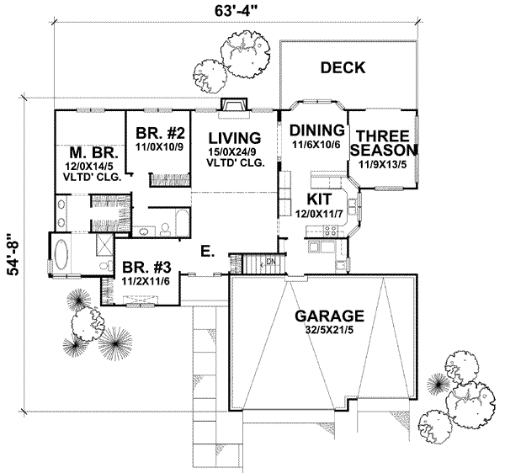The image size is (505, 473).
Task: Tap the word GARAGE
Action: [x=329, y=316]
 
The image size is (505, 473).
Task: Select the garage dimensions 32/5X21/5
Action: [x=329, y=332]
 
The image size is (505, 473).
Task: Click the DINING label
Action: [x=316, y=130]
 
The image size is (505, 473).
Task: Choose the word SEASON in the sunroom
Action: [x=384, y=150]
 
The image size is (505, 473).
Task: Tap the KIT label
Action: [x=318, y=199]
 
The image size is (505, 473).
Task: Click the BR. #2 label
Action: [x=160, y=132]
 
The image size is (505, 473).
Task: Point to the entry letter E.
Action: [x=205, y=250]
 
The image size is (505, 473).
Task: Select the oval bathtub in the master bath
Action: [x=65, y=253]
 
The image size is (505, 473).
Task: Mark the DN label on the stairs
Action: [x=271, y=262]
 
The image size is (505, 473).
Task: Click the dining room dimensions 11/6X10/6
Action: [x=316, y=146]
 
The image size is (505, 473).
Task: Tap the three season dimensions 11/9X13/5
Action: [x=384, y=164]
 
